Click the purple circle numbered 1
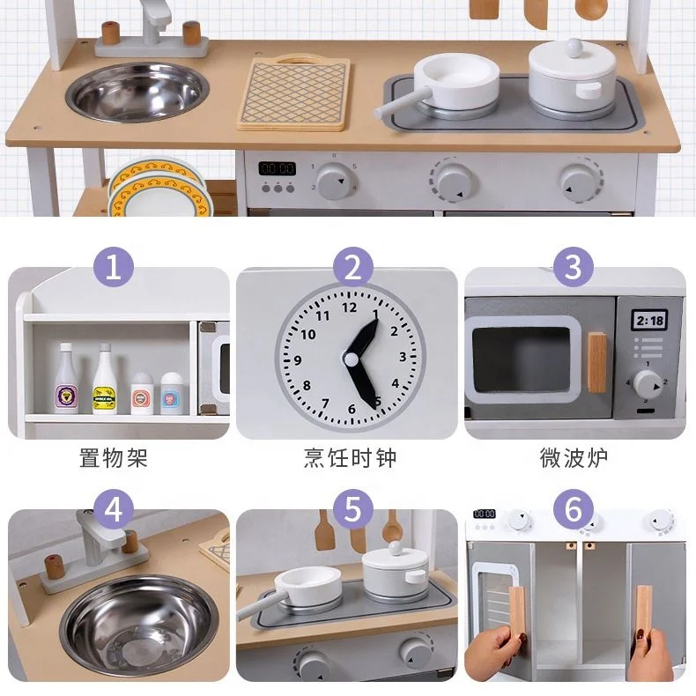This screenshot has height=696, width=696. pyautogui.click(x=113, y=267)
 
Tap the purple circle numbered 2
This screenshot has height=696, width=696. pyautogui.click(x=352, y=267)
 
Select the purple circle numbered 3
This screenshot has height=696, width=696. pyautogui.click(x=574, y=267)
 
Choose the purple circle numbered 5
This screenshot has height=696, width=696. pyautogui.click(x=352, y=509)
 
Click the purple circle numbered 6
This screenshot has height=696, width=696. pyautogui.click(x=574, y=509)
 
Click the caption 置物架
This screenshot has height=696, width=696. pyautogui.click(x=113, y=458)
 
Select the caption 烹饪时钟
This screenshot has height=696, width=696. pyautogui.click(x=350, y=458)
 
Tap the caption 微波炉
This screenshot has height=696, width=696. pyautogui.click(x=574, y=458)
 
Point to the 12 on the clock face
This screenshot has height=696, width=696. pyautogui.click(x=350, y=308)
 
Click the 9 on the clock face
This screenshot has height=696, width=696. pyautogui.click(x=298, y=359)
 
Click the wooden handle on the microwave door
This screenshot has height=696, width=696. pyautogui.click(x=597, y=362)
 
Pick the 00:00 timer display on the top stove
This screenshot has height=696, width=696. pyautogui.click(x=277, y=167)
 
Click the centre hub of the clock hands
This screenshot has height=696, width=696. pyautogui.click(x=352, y=359)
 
